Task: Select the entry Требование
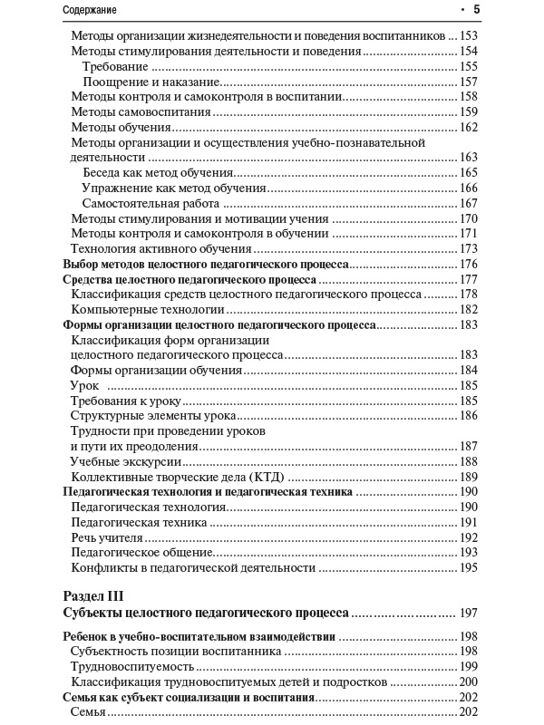coord(115,67)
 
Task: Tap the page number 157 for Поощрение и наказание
coord(468,82)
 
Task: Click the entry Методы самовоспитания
coord(141,112)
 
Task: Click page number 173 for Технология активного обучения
coord(468,248)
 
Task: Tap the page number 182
coord(468,309)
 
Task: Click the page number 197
coord(468,614)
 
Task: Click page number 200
coord(468,681)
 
